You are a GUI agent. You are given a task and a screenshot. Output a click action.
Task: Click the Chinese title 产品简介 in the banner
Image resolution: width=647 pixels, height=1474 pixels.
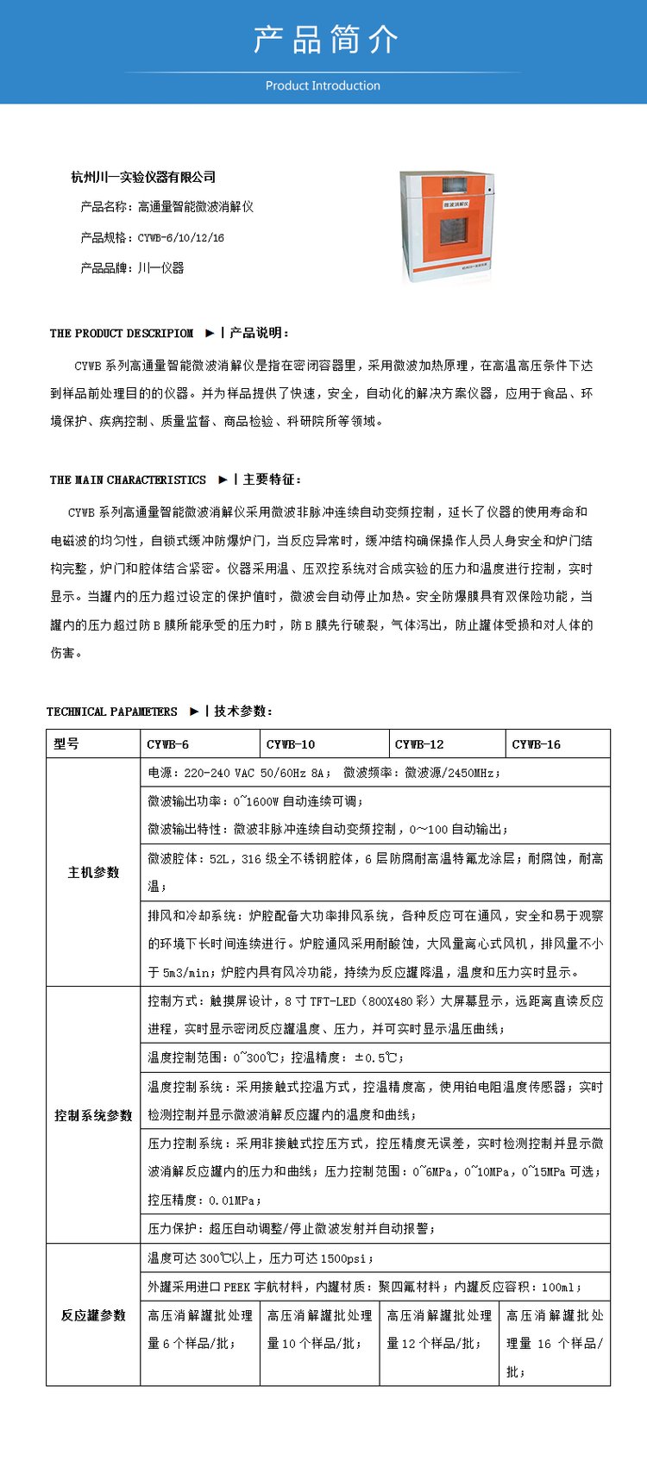coord(324,40)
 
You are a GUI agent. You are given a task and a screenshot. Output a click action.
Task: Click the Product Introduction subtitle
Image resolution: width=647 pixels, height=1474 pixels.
coord(323,85)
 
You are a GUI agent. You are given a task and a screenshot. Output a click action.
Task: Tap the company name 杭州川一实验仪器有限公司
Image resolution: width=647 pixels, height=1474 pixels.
coord(143,177)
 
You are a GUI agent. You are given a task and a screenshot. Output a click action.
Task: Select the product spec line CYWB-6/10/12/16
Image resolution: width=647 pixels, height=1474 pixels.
coord(153,237)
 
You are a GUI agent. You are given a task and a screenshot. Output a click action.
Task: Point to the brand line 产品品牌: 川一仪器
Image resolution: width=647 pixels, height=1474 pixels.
coord(132,267)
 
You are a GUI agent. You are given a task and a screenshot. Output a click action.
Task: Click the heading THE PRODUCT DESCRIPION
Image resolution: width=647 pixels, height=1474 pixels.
coord(122,333)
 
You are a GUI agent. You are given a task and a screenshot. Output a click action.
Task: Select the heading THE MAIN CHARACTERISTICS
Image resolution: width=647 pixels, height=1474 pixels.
coord(128,480)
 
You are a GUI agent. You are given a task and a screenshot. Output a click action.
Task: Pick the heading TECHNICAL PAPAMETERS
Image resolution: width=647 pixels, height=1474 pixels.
coord(112,712)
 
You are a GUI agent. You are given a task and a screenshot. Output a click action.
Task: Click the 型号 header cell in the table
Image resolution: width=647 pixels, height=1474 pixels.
coord(66,743)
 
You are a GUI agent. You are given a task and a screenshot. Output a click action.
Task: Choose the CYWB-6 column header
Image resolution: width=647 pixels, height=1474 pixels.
coord(167,743)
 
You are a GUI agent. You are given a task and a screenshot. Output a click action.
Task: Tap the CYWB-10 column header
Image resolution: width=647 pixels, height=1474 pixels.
coord(291,743)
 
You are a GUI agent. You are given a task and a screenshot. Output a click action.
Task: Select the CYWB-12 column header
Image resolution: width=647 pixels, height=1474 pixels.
coord(419,743)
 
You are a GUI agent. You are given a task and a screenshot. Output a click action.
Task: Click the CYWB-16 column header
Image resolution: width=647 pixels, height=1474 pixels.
coord(536,743)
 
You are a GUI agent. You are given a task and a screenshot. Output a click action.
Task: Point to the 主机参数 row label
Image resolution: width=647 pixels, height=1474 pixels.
coord(93,872)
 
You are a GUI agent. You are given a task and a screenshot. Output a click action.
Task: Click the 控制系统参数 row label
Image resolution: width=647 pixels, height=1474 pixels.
coord(93,1115)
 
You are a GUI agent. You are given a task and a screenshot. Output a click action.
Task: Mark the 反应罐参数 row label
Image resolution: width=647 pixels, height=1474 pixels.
coord(93,1314)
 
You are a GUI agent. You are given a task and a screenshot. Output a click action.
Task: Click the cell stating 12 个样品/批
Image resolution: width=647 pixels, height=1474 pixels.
coord(439,1329)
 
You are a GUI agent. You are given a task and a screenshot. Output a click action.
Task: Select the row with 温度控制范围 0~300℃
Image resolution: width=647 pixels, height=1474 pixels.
coord(276,1057)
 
